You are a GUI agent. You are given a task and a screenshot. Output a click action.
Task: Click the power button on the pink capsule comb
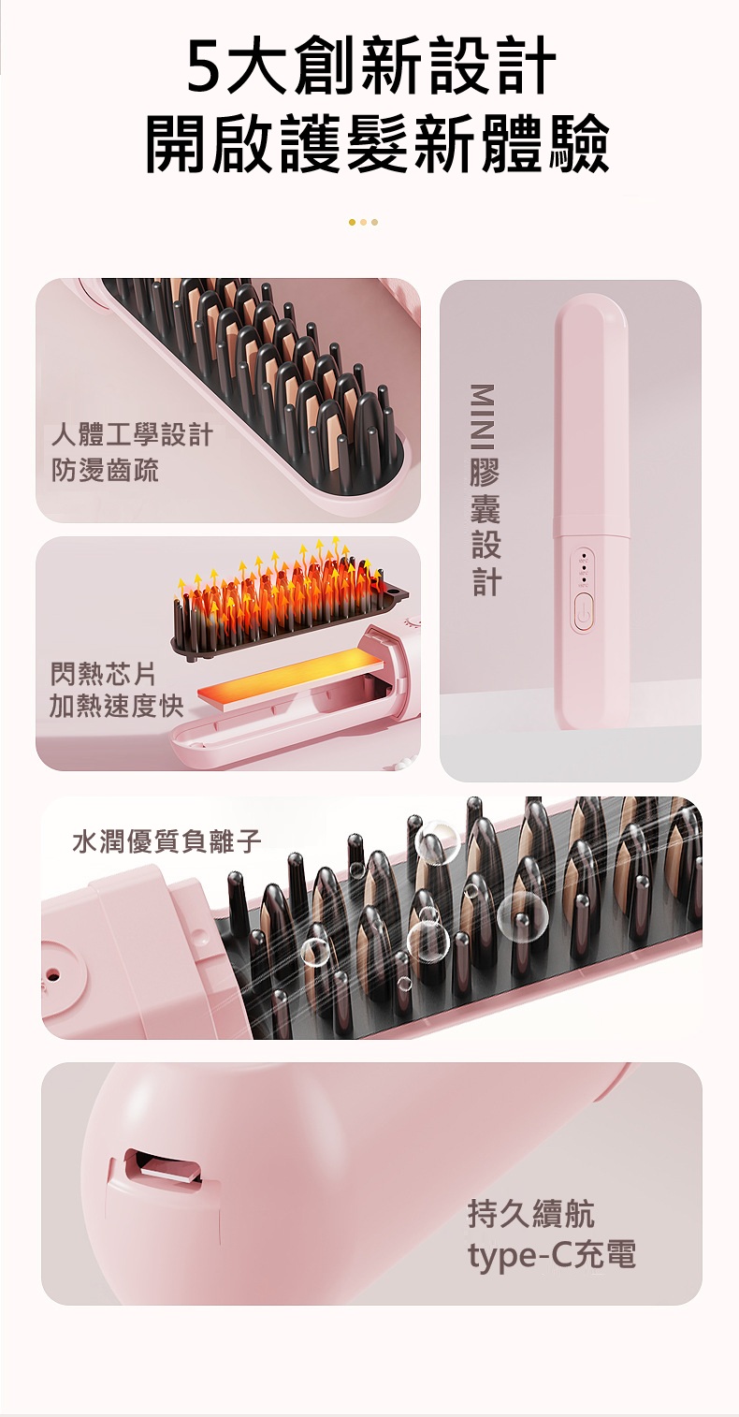[582, 610]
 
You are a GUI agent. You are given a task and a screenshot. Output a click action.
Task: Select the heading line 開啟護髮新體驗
[377, 144]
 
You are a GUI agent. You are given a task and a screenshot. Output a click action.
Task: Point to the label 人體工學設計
[132, 435]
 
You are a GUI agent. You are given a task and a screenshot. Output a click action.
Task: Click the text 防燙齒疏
[105, 470]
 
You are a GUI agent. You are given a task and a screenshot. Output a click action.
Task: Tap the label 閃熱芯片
[103, 675]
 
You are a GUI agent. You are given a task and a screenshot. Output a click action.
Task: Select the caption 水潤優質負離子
[167, 842]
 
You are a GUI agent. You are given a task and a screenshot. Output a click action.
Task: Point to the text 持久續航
[531, 1213]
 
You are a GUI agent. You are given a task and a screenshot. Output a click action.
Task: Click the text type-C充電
[552, 1254]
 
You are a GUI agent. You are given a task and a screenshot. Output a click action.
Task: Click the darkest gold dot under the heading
[352, 222]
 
